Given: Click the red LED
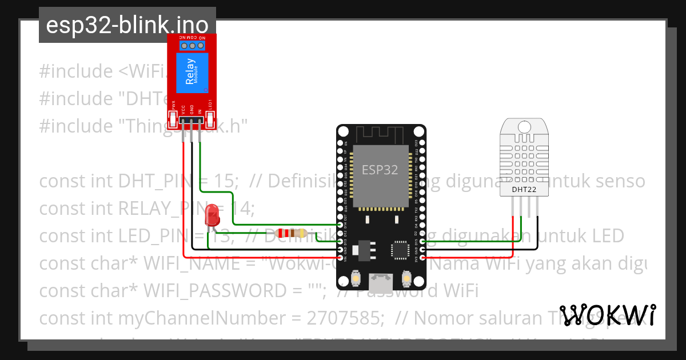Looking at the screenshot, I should pos(212,215).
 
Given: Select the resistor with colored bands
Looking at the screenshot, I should pos(291,233).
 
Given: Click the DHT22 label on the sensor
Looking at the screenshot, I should pos(524,189).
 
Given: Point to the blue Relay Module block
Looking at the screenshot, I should pos(192,74).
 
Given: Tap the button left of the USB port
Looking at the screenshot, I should pos(356,278).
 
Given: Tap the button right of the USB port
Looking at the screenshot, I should pos(406,278).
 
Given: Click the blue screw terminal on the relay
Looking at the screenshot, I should pos(192,45).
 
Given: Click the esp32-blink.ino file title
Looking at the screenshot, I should pos(127,26).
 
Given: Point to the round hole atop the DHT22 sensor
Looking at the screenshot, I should pos(524,126).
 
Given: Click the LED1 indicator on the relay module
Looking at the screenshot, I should pos(210,119).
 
